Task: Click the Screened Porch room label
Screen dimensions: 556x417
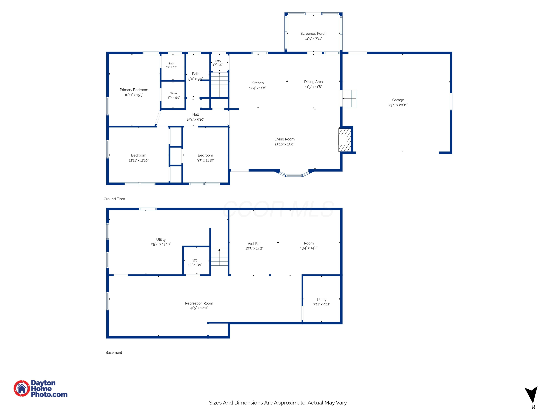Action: pos(313,33)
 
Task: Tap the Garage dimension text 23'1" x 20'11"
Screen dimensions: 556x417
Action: pos(398,105)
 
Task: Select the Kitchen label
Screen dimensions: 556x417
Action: pos(257,83)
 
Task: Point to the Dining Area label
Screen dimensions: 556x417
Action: pos(313,82)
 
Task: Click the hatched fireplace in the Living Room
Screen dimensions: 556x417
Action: pos(345,140)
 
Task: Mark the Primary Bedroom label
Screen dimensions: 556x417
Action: pos(134,90)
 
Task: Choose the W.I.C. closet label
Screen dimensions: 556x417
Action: pos(173,93)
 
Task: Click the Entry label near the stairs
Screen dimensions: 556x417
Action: pos(218,61)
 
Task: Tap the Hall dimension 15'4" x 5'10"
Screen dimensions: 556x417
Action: pos(195,120)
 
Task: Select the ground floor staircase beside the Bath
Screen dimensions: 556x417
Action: pos(219,85)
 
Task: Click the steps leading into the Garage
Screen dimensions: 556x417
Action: pos(349,99)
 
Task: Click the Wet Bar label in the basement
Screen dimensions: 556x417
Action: pos(254,244)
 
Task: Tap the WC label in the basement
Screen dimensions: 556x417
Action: pos(195,260)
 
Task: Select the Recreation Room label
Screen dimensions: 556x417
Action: pos(199,303)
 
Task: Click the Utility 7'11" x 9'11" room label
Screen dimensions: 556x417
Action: pos(322,302)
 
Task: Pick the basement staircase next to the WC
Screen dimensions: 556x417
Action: pos(219,257)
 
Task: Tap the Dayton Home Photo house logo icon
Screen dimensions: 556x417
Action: pos(22,388)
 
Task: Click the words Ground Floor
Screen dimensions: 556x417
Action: pos(114,199)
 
